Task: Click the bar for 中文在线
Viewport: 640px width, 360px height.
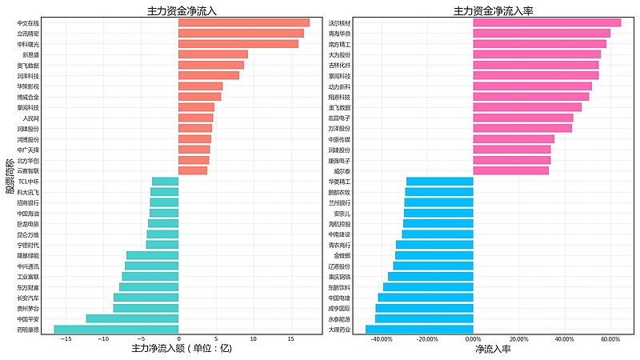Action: point(243,22)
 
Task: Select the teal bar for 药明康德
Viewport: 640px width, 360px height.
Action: point(116,329)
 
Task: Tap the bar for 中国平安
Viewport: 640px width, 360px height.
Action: point(132,318)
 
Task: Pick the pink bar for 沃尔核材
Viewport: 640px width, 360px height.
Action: point(546,22)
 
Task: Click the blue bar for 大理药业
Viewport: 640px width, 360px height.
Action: point(419,329)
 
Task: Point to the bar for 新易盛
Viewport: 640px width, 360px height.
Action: point(213,54)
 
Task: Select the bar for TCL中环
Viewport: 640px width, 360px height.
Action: point(165,182)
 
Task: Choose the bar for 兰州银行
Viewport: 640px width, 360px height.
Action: point(438,202)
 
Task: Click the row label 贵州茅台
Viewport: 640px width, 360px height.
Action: point(28,308)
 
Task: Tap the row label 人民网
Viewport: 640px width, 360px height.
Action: point(31,118)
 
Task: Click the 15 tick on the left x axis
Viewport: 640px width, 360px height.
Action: point(290,339)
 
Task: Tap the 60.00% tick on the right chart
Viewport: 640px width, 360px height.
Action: point(610,339)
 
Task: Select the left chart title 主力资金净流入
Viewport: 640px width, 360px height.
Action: point(182,11)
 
